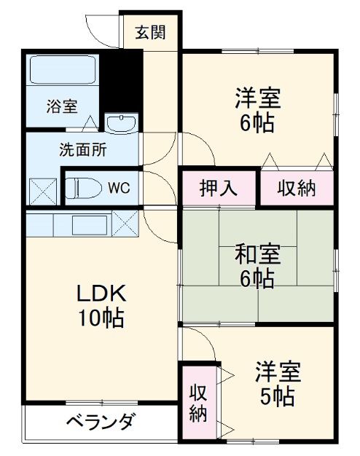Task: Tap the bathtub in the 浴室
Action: (x=62, y=71)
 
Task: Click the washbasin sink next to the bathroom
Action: (x=121, y=123)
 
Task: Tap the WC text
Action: (x=119, y=187)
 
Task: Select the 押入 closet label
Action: (x=219, y=188)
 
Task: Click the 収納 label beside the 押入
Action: (x=297, y=188)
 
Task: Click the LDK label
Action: (x=103, y=294)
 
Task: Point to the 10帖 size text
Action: (x=101, y=318)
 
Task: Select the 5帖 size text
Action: (x=277, y=398)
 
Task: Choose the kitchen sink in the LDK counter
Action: (x=88, y=224)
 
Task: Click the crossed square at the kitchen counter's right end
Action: (x=125, y=223)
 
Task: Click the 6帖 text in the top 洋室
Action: (x=257, y=122)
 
